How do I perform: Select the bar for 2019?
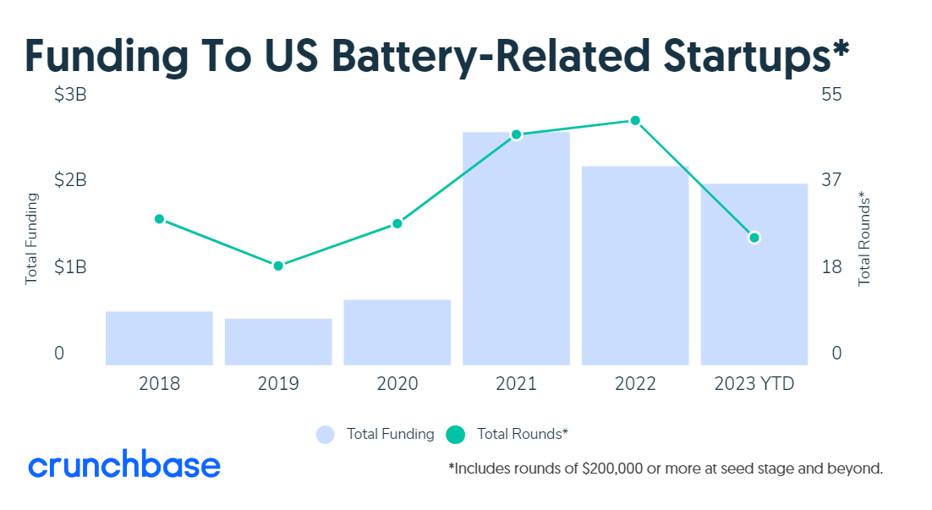278,342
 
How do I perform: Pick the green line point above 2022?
635,121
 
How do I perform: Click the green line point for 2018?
159,219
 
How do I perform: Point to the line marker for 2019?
278,266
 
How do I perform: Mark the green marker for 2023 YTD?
754,238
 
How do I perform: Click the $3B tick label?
70,95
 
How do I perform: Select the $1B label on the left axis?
70,267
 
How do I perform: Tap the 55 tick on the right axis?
831,95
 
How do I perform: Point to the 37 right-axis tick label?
831,179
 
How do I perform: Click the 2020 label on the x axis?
397,384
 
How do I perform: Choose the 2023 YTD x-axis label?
754,384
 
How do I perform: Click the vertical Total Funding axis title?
32,239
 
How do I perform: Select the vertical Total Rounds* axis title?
864,239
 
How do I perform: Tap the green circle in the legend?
457,435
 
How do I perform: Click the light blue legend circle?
326,435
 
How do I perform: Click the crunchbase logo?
124,465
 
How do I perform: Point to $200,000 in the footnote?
613,468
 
